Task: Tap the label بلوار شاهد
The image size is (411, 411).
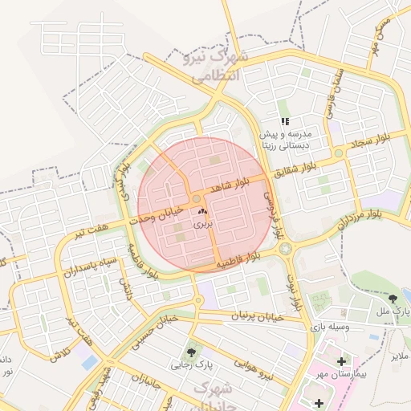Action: point(232,186)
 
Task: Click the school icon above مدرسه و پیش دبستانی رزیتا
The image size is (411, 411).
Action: point(285,121)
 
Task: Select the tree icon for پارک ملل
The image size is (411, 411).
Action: point(393,298)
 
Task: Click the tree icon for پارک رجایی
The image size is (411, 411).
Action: point(191,352)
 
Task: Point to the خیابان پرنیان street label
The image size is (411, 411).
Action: point(258,317)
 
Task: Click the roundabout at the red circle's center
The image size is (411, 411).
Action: point(197,199)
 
